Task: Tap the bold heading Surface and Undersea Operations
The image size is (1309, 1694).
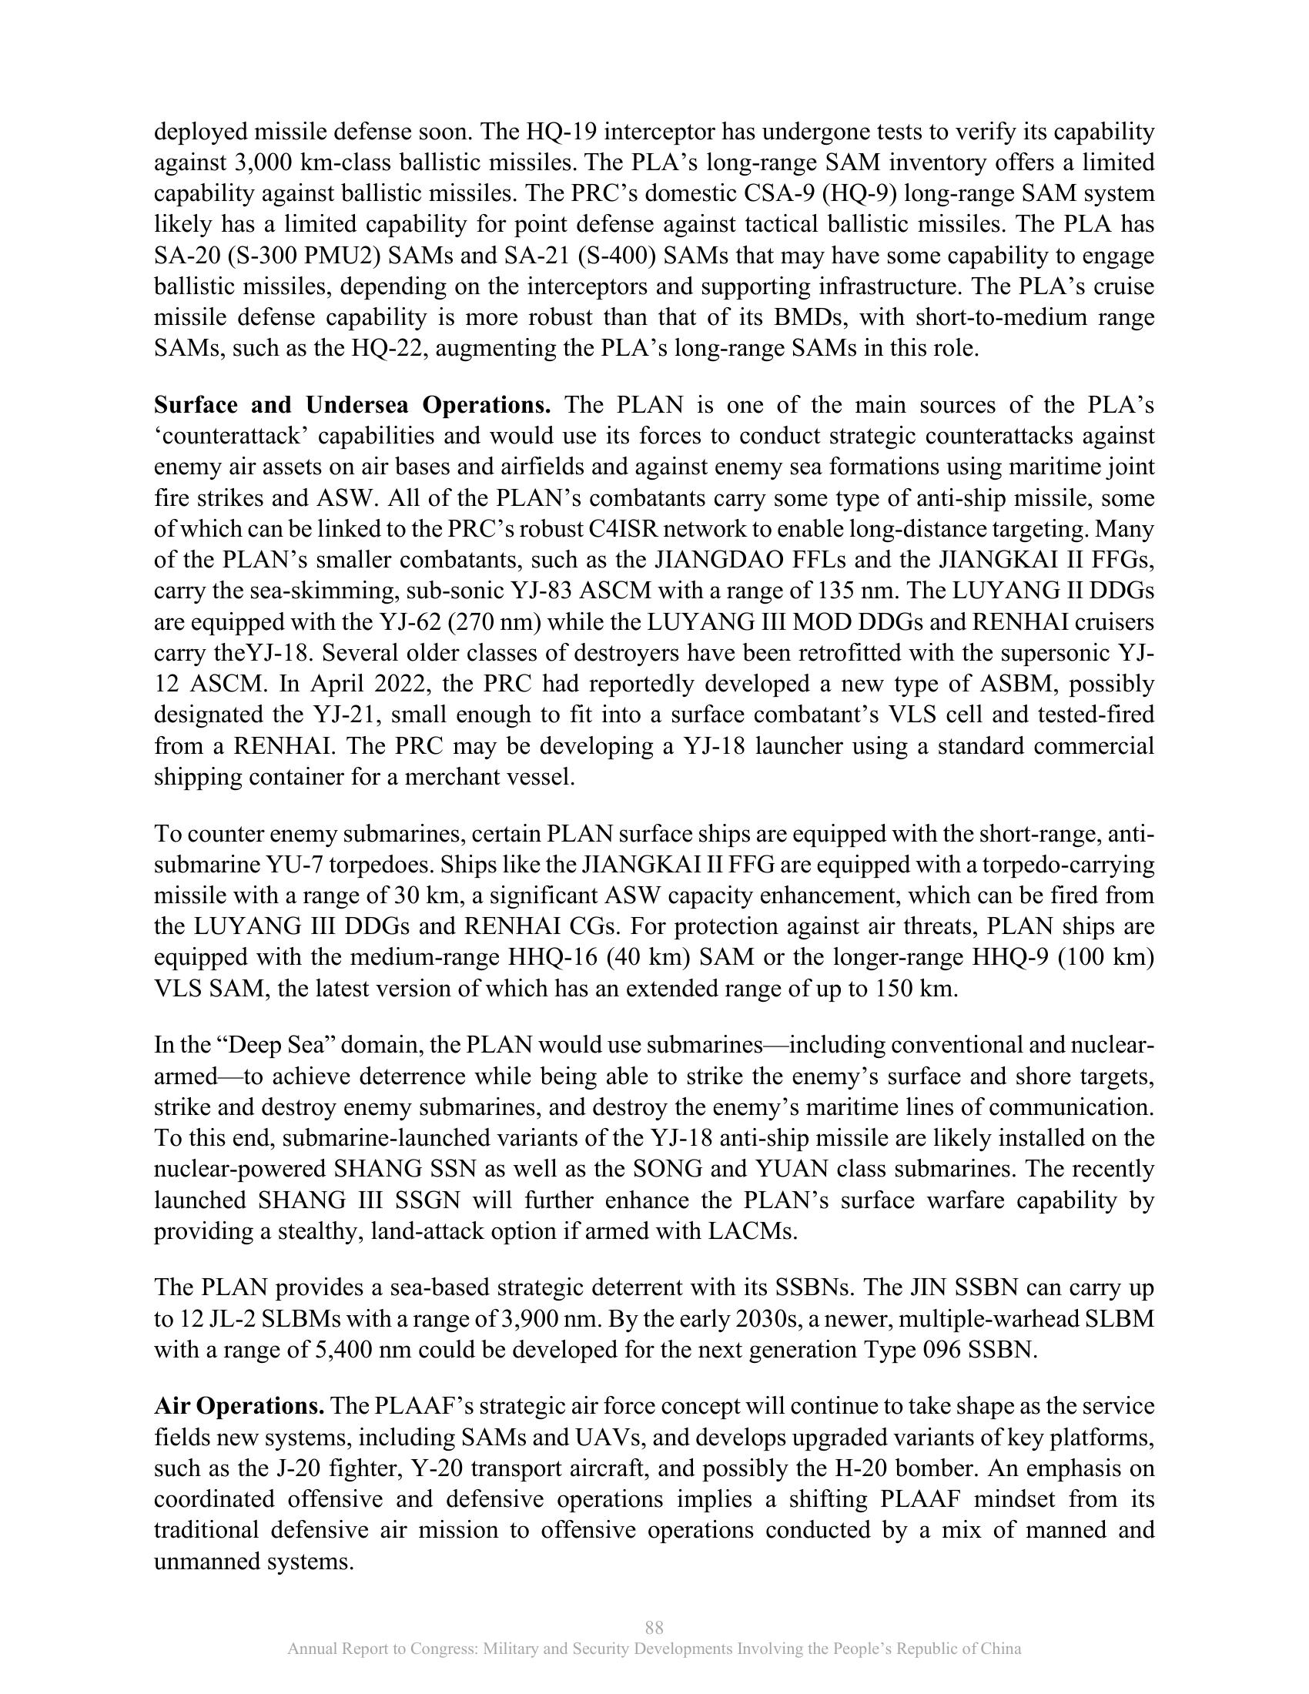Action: coord(353,405)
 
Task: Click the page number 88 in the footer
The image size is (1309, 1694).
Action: coord(654,1626)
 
